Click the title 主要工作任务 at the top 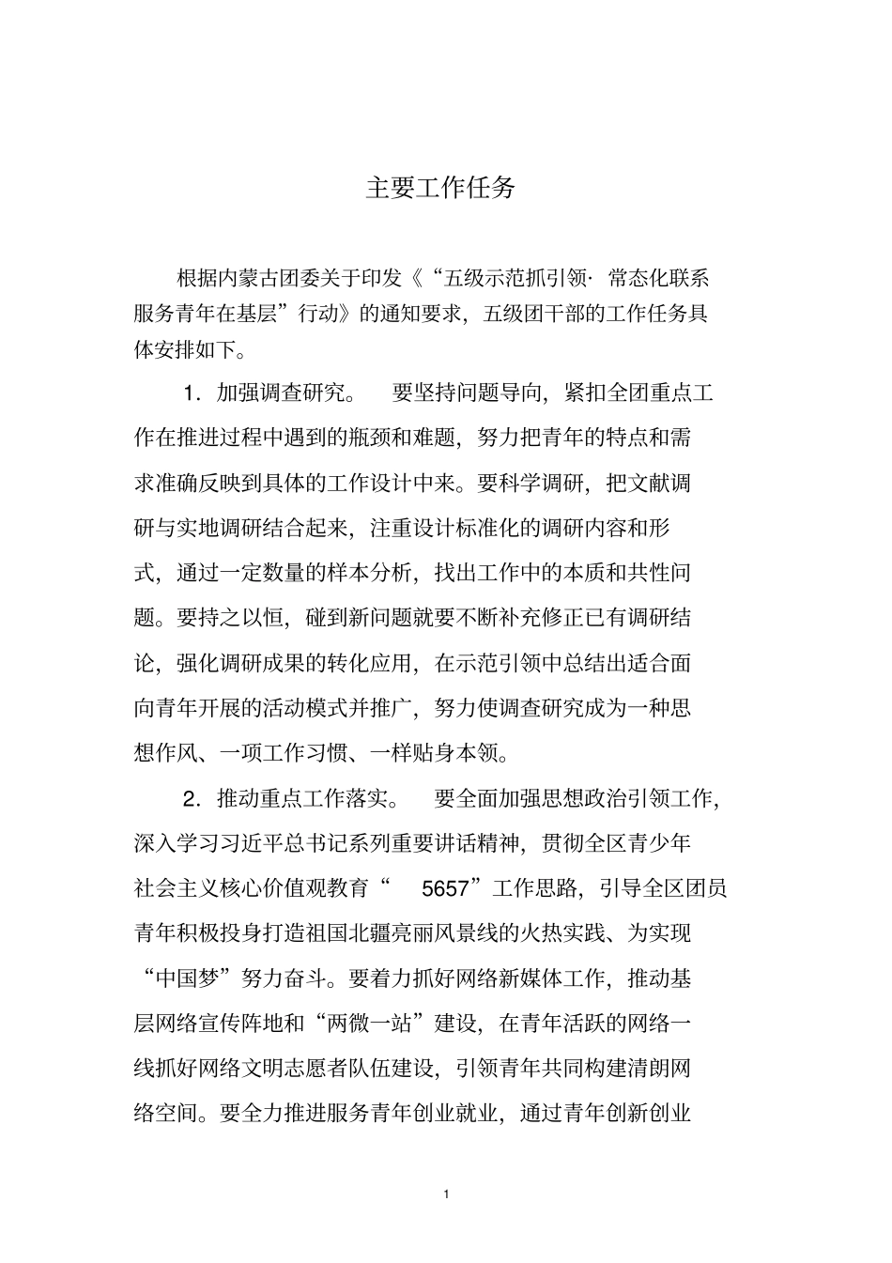coord(440,188)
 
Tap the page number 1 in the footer coord(446,1194)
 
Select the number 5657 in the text coord(446,888)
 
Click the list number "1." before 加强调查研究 coord(193,393)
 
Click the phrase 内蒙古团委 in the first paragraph coord(270,278)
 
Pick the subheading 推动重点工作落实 coord(302,799)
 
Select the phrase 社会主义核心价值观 coord(253,888)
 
